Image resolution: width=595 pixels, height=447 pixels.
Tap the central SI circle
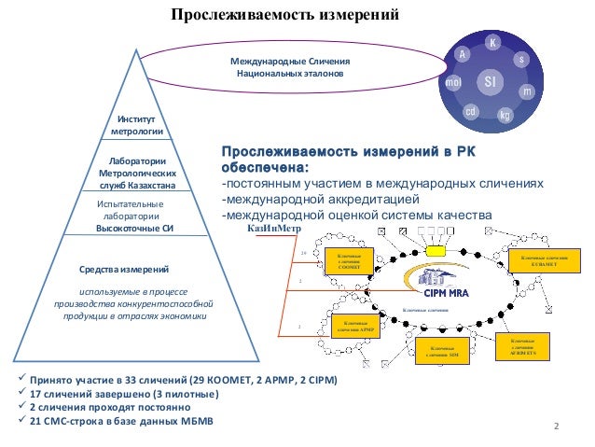point(491,82)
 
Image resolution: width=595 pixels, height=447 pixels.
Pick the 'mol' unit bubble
point(454,82)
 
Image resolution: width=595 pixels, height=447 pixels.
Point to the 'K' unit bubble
point(493,44)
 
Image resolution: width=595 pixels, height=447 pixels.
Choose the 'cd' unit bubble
point(473,112)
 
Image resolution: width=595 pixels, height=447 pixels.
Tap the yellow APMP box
point(357,326)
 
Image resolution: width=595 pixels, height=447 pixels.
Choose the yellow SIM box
point(443,352)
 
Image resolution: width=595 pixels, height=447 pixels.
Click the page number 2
point(557,426)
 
